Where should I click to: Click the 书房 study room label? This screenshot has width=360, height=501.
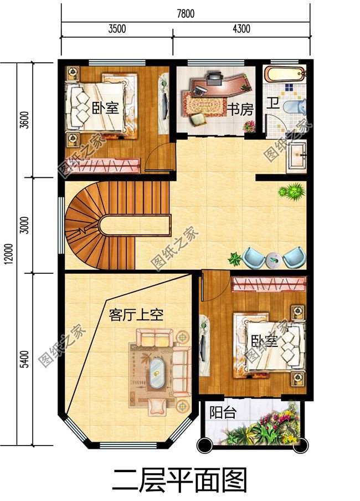pyautogui.click(x=240, y=108)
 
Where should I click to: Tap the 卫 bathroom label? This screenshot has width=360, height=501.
pyautogui.click(x=273, y=103)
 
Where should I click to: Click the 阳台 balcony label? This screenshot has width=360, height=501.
pyautogui.click(x=223, y=413)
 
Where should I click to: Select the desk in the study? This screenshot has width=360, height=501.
pyautogui.click(x=216, y=83)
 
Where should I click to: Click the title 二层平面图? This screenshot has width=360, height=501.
pyautogui.click(x=179, y=480)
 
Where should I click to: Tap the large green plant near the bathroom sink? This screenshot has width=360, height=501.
pyautogui.click(x=292, y=192)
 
